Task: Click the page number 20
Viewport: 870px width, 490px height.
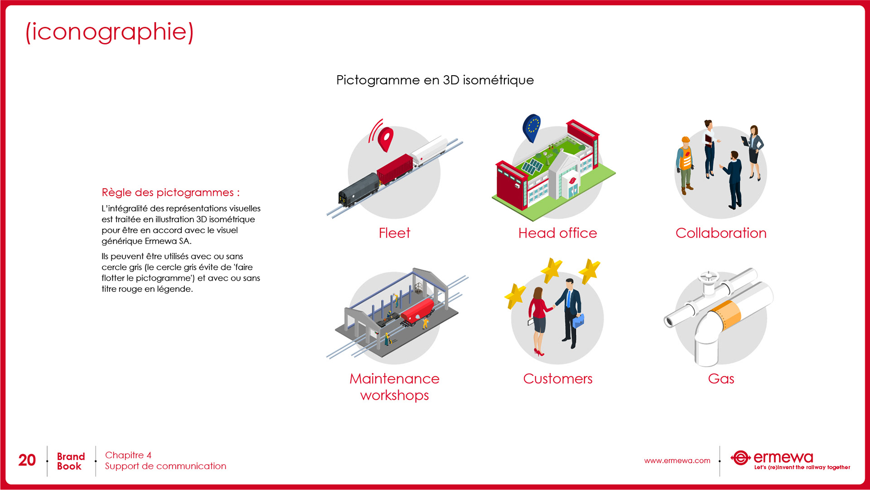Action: pyautogui.click(x=27, y=460)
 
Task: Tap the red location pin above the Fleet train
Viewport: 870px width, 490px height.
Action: pyautogui.click(x=386, y=138)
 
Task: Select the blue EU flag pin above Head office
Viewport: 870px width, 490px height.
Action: pyautogui.click(x=532, y=127)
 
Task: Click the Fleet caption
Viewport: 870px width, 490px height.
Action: pyautogui.click(x=394, y=233)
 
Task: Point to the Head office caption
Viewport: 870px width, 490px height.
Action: pyautogui.click(x=557, y=233)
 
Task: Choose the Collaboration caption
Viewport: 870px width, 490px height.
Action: pyautogui.click(x=721, y=233)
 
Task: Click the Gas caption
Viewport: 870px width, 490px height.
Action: pyautogui.click(x=721, y=378)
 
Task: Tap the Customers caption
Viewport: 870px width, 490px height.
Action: pyautogui.click(x=557, y=378)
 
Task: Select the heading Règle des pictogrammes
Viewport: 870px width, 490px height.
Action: pyautogui.click(x=170, y=192)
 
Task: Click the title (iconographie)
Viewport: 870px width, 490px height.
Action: pyautogui.click(x=110, y=32)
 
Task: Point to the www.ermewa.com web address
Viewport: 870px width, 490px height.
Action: pyautogui.click(x=677, y=461)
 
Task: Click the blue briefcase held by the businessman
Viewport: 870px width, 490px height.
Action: pyautogui.click(x=578, y=321)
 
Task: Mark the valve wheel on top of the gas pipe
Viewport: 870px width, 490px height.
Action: pyautogui.click(x=708, y=276)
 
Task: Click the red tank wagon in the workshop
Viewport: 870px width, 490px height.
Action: pyautogui.click(x=417, y=310)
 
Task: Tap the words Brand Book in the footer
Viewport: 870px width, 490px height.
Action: pyautogui.click(x=71, y=461)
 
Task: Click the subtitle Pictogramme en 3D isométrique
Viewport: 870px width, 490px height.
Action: pyautogui.click(x=435, y=80)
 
